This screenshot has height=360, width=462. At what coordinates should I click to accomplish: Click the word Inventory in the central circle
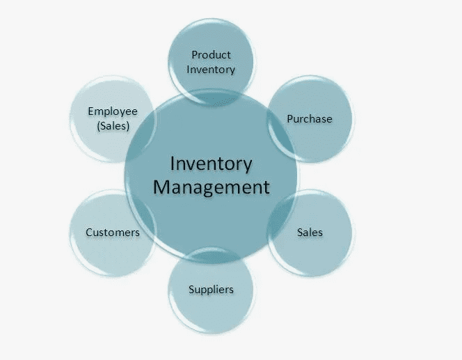(211, 164)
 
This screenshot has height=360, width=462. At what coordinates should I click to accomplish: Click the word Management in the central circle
(211, 187)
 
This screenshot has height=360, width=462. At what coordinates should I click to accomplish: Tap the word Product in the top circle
(211, 54)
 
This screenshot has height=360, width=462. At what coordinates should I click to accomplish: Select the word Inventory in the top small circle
(211, 69)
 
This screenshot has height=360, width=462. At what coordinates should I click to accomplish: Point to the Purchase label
(310, 118)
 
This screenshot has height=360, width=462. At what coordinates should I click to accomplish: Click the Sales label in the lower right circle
(310, 231)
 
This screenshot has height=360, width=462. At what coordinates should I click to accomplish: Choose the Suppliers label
(211, 289)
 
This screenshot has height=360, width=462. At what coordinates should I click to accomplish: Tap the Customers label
(112, 232)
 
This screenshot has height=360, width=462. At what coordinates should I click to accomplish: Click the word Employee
(112, 111)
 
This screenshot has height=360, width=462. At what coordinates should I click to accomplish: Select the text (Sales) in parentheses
(112, 125)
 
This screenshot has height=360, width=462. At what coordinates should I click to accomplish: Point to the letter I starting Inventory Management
(172, 164)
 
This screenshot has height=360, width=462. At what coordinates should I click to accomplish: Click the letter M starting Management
(161, 187)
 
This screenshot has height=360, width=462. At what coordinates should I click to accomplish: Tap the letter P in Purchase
(290, 118)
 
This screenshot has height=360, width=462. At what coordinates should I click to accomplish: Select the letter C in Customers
(89, 232)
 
